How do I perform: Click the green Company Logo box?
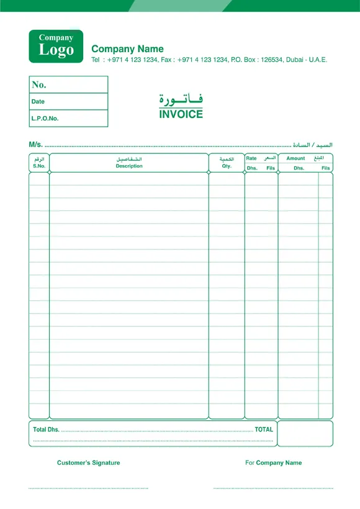pos(56,45)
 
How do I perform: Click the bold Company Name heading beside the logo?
pos(127,49)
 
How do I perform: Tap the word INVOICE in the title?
pos(181,114)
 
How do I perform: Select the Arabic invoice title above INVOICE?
pos(181,99)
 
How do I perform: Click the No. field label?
pos(39,85)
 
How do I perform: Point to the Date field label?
pos(38,101)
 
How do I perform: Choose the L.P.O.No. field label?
pos(45,118)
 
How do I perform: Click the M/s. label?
pos(35,145)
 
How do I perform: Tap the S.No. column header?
pos(39,166)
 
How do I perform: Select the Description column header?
pos(129,166)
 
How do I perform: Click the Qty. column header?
pos(227,166)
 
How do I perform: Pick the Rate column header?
pos(251,159)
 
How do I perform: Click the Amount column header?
pos(295,159)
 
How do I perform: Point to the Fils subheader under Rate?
pos(271,168)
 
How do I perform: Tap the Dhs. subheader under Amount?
pos(299,168)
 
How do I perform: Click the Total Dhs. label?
pos(46,430)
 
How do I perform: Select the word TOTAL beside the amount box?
pos(264,430)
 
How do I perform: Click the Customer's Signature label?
pos(89,463)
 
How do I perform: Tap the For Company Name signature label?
pos(274,463)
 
